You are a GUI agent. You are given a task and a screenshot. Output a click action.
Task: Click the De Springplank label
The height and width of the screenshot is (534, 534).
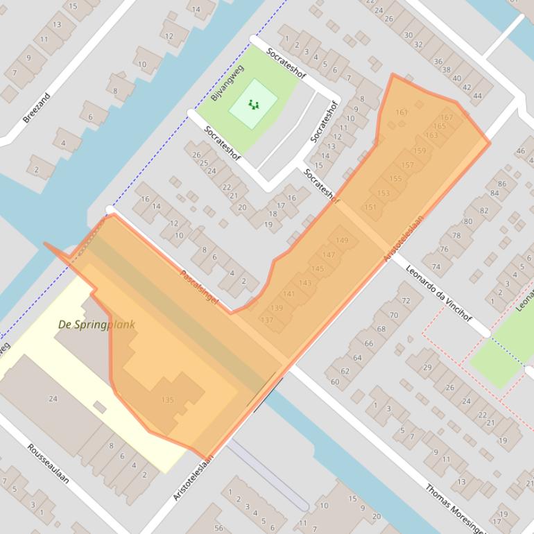96,325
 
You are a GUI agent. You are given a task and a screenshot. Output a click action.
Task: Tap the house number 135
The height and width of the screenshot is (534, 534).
167,400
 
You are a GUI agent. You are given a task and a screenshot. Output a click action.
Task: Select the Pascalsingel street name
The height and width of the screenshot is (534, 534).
200,288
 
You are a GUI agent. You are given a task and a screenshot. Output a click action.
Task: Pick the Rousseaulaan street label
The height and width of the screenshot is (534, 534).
48,464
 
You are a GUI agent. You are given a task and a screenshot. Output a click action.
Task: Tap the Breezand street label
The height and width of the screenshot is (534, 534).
37,108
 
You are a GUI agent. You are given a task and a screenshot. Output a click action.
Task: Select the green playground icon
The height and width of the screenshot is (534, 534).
253,105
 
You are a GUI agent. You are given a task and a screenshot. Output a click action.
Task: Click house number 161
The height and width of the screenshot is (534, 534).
402,112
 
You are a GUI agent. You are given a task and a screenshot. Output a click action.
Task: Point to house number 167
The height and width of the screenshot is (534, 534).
447,117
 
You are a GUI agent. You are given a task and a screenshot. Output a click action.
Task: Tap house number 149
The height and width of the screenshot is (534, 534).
342,241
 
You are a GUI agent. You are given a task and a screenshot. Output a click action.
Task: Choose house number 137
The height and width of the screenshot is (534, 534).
267,320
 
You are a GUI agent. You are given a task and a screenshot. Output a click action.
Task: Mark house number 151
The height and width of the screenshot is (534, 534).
370,207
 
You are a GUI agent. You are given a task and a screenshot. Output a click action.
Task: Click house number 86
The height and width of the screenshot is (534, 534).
501,184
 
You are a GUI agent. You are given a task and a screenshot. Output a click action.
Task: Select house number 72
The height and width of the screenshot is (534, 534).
406,301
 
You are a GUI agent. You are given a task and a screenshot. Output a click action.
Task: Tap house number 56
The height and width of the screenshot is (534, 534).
220,528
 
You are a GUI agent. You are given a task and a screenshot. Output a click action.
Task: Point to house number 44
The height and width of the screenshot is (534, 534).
477,96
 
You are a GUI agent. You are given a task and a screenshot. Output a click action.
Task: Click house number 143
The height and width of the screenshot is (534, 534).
304,282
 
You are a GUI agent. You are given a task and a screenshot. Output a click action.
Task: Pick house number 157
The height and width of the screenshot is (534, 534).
408,165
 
